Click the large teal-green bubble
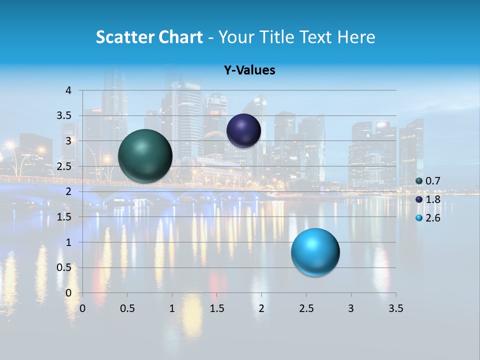[145, 156]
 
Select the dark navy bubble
[243, 130]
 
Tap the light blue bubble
[315, 252]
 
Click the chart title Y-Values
[249, 70]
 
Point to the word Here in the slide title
[356, 37]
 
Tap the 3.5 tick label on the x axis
[395, 308]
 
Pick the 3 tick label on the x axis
[351, 308]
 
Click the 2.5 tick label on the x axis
[306, 308]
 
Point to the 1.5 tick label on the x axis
[216, 308]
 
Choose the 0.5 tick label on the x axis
[127, 308]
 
